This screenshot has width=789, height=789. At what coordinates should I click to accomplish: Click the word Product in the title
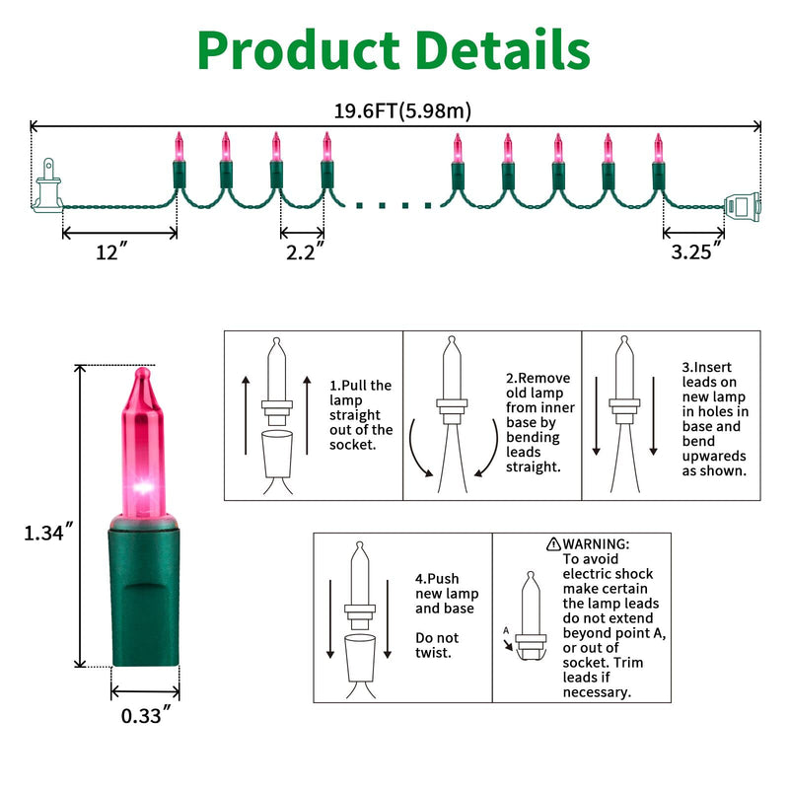coord(299,51)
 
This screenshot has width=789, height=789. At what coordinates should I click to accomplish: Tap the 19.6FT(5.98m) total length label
coord(402,110)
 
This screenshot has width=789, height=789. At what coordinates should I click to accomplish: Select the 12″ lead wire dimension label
coord(111,251)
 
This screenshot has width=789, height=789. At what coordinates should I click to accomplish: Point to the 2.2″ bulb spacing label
coord(305,251)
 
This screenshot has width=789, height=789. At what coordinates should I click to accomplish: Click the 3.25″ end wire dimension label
coord(696,251)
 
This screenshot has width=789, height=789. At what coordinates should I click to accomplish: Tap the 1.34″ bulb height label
coord(48,532)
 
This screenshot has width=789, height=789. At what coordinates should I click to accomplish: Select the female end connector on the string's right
coord(743,206)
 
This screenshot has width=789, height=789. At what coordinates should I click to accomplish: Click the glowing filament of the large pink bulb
coord(143,487)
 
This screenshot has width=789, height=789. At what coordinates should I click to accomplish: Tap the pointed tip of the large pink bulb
coord(143,371)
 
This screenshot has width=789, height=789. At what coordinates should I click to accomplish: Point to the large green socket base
coord(144,591)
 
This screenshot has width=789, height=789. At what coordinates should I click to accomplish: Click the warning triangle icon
coord(553,544)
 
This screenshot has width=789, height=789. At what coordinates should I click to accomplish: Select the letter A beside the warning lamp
coord(506,630)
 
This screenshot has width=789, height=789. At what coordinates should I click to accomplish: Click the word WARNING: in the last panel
coord(596,544)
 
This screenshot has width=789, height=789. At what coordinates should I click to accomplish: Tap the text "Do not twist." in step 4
coord(437,645)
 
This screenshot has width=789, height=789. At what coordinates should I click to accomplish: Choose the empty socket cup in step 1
coord(277,454)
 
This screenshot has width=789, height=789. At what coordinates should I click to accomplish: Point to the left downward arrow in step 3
coord(597,415)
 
